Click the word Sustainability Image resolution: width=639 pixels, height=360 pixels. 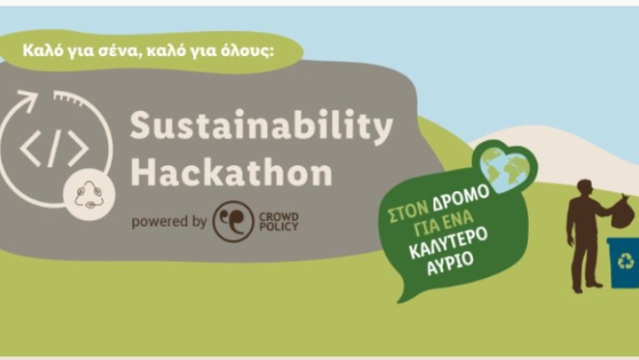[261, 127]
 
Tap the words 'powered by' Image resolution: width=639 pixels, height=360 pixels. [168, 221]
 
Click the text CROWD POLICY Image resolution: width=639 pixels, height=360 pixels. [279, 221]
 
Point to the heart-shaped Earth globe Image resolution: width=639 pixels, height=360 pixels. [504, 166]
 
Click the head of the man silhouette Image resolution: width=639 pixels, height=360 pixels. [584, 187]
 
